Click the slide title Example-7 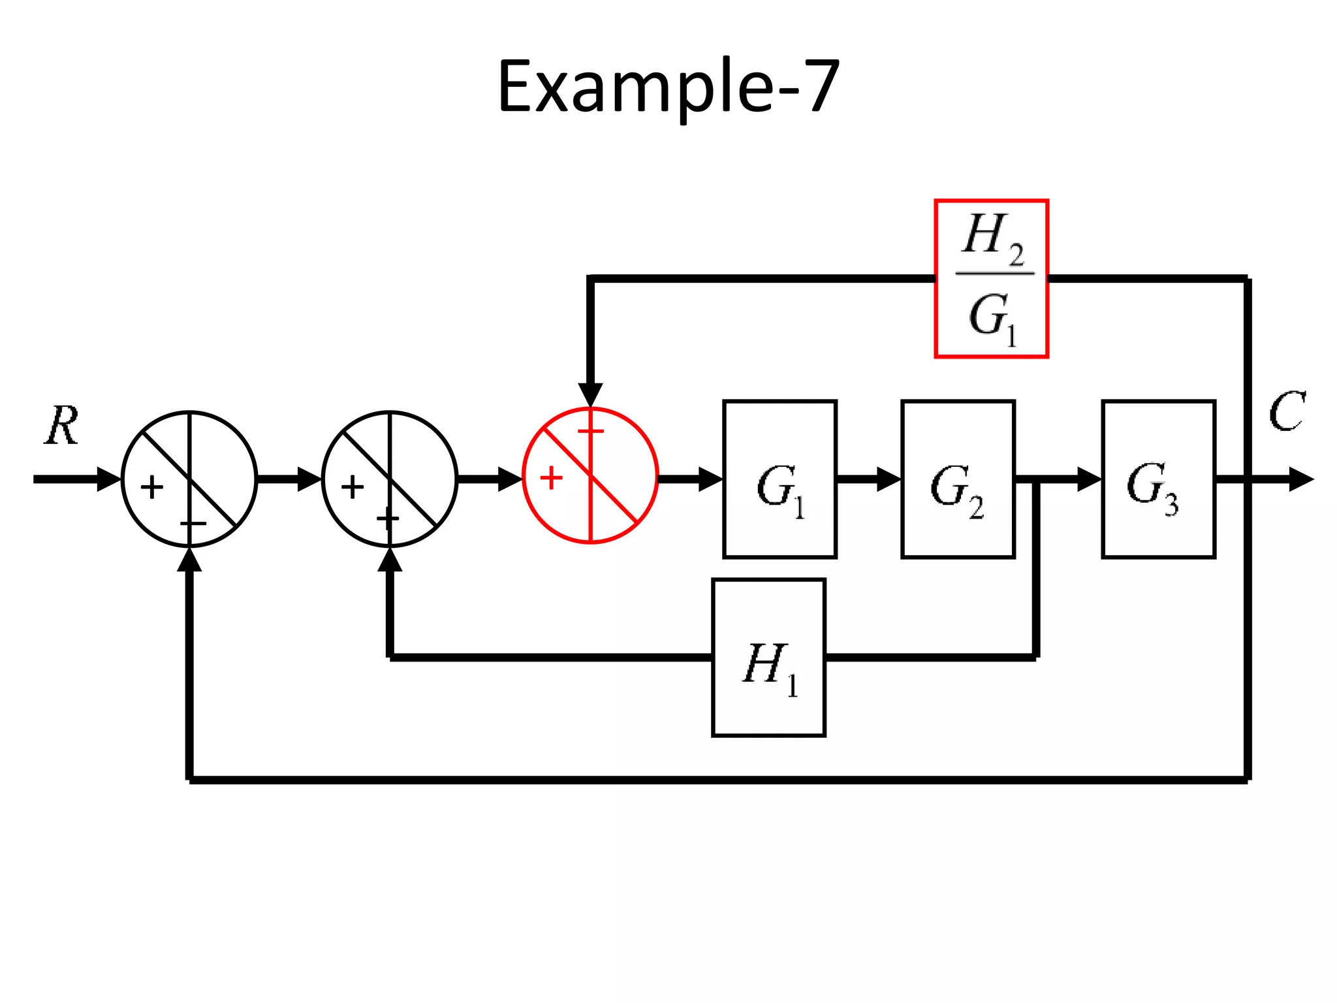click(668, 87)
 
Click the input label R click(62, 426)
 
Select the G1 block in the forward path click(779, 479)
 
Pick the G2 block click(958, 479)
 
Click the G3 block click(1158, 479)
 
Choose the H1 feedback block click(768, 658)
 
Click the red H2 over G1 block click(991, 279)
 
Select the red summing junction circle click(590, 475)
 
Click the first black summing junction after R click(189, 479)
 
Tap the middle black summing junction click(390, 479)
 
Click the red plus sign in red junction click(551, 478)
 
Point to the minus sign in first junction click(193, 524)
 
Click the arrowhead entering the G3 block click(1089, 479)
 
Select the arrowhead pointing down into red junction click(590, 395)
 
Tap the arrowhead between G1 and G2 click(889, 479)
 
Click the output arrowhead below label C click(1300, 480)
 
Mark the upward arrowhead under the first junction click(189, 560)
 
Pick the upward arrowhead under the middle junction click(390, 560)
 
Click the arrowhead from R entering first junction click(109, 479)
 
